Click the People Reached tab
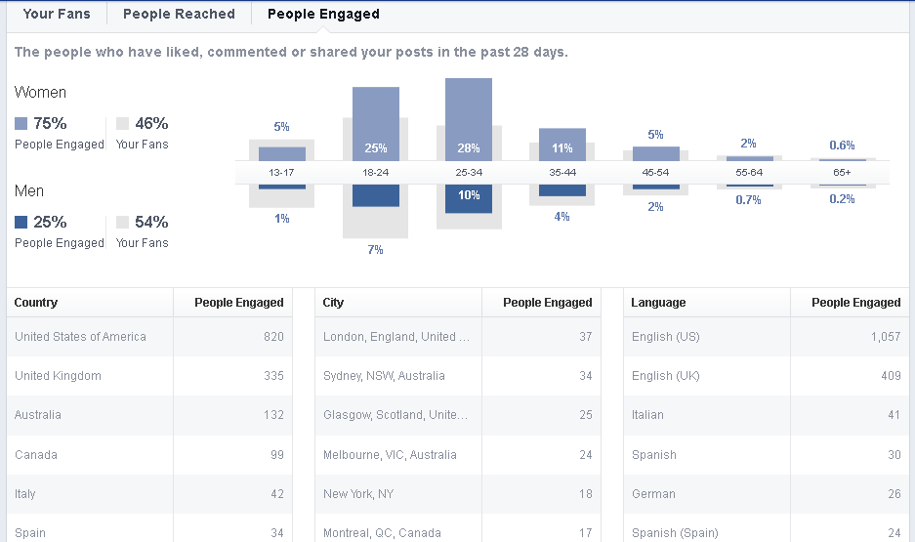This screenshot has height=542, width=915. (179, 14)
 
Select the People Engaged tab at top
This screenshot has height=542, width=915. (323, 14)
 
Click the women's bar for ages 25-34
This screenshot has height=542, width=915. (469, 119)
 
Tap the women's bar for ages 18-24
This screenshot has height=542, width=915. (376, 123)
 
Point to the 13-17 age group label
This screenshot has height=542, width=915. (282, 172)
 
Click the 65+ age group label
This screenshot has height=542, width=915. (842, 172)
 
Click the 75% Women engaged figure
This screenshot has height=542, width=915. (48, 123)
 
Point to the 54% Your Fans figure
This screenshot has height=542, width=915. (151, 222)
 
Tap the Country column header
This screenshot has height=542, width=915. (36, 303)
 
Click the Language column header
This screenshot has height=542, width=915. (658, 303)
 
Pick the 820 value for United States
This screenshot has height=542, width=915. (273, 337)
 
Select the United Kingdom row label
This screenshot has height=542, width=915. (58, 376)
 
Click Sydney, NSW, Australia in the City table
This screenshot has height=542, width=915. (384, 376)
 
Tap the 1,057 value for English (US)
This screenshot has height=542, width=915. (885, 337)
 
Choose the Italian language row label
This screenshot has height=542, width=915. (647, 415)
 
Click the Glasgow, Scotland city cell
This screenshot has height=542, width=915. (395, 415)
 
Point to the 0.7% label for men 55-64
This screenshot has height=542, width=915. (749, 200)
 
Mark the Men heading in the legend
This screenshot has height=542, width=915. (29, 190)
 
